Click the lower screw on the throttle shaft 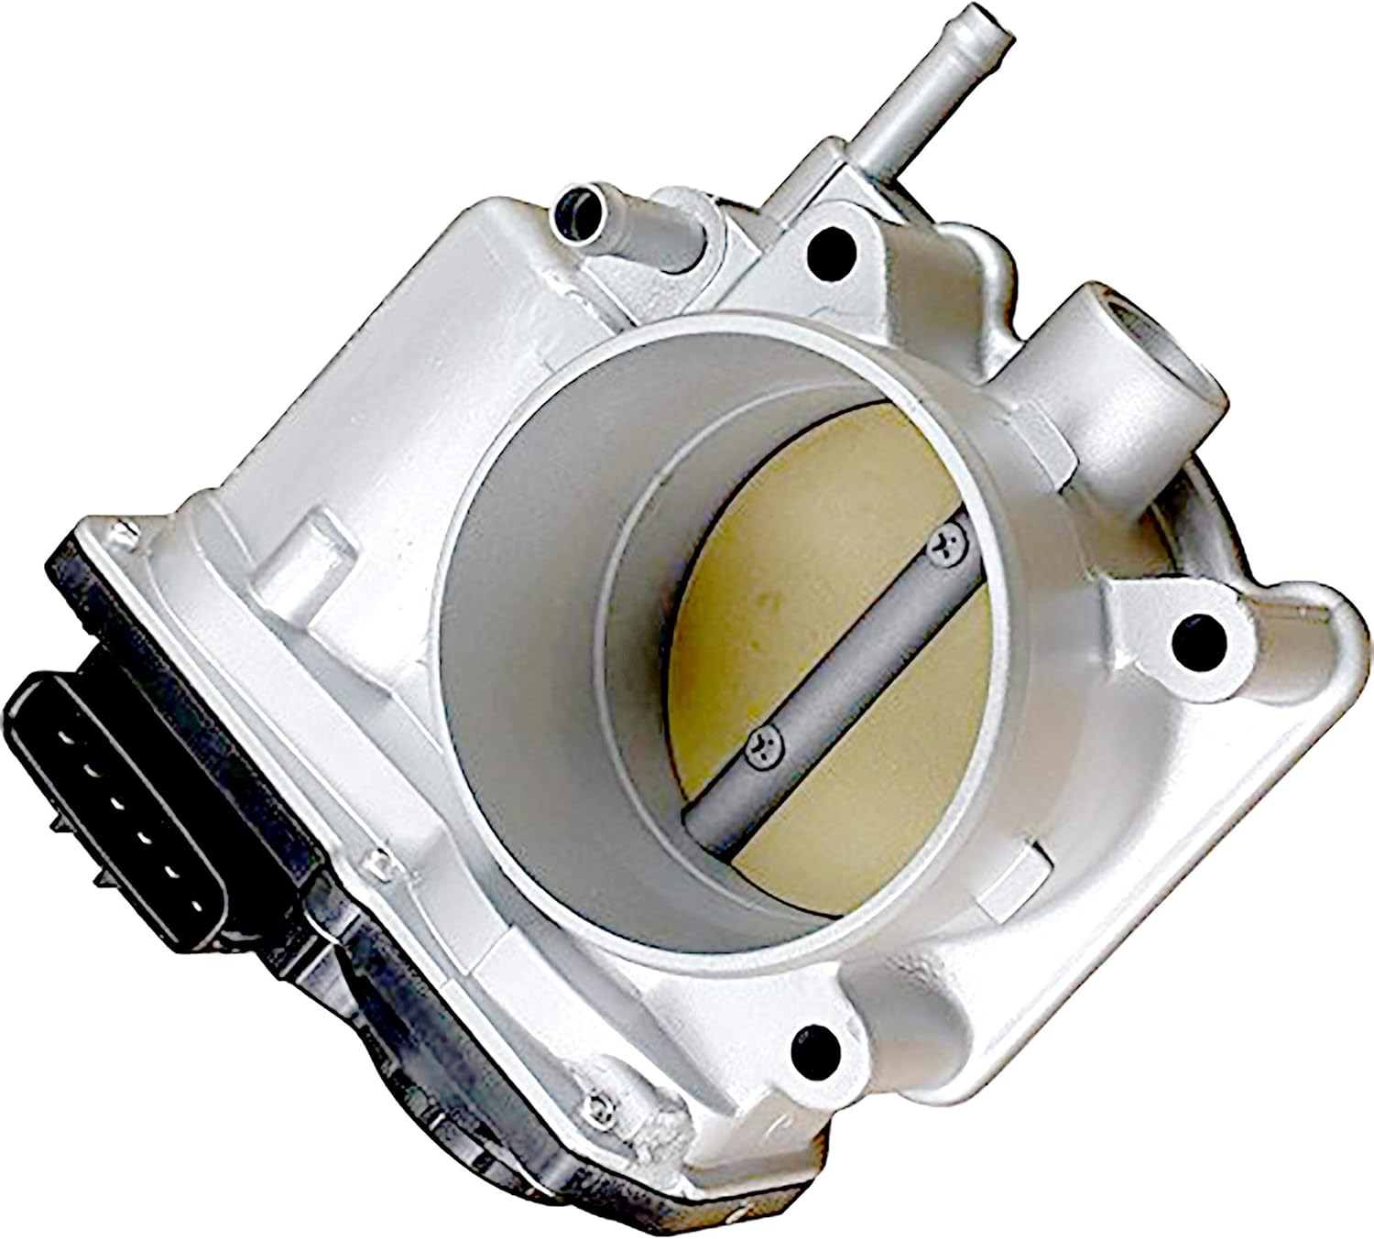click(x=762, y=744)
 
